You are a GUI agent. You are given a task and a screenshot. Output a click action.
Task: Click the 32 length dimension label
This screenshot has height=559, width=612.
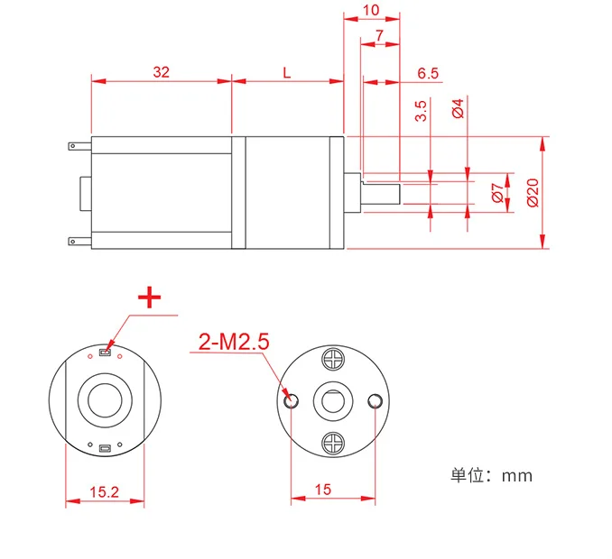click(x=162, y=72)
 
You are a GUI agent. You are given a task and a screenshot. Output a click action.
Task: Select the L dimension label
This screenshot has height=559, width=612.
click(x=287, y=72)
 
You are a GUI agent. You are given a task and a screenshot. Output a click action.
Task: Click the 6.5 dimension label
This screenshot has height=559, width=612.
click(x=429, y=73)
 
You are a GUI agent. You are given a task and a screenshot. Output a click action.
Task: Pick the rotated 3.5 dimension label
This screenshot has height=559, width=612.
click(x=421, y=112)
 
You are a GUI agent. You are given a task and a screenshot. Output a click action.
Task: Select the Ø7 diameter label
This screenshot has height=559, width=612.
click(x=496, y=191)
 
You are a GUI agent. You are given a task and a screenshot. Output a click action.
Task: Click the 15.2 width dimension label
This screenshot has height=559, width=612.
click(x=104, y=491)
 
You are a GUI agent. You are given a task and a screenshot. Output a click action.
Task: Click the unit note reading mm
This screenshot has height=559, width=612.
click(x=492, y=475)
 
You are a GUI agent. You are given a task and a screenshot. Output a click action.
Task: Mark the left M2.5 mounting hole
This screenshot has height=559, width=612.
click(x=291, y=400)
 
